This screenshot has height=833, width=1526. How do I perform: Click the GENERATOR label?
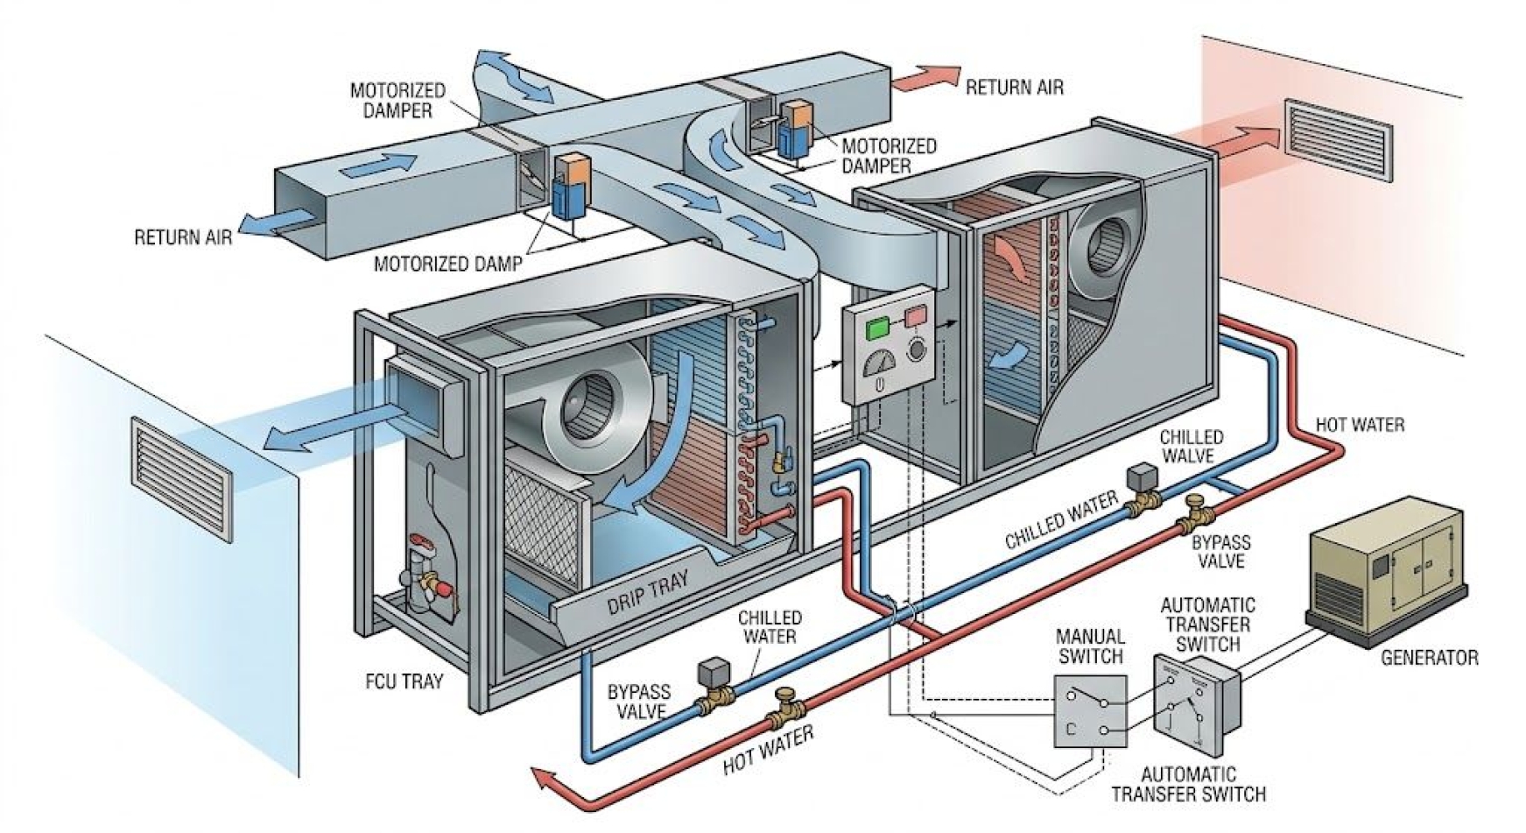tap(1428, 658)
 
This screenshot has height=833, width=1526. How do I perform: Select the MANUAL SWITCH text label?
tap(1089, 646)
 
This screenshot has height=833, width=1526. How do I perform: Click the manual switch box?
tap(1090, 711)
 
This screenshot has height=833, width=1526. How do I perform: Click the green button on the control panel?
tap(878, 327)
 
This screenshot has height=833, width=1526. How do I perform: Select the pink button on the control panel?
tap(915, 317)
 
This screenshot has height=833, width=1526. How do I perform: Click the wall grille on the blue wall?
tap(183, 479)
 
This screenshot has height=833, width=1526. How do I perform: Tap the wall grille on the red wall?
tap(1338, 140)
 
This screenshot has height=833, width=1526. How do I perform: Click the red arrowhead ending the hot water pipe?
tap(546, 781)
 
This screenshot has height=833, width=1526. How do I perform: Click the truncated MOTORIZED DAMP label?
tap(448, 265)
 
